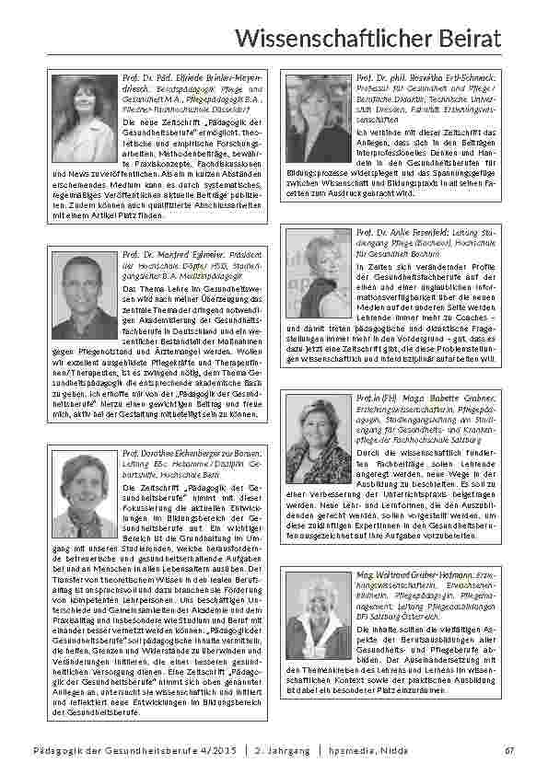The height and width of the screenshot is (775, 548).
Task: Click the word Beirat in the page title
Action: click(x=472, y=37)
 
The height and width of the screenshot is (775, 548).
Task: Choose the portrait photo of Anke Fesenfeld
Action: click(x=319, y=272)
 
